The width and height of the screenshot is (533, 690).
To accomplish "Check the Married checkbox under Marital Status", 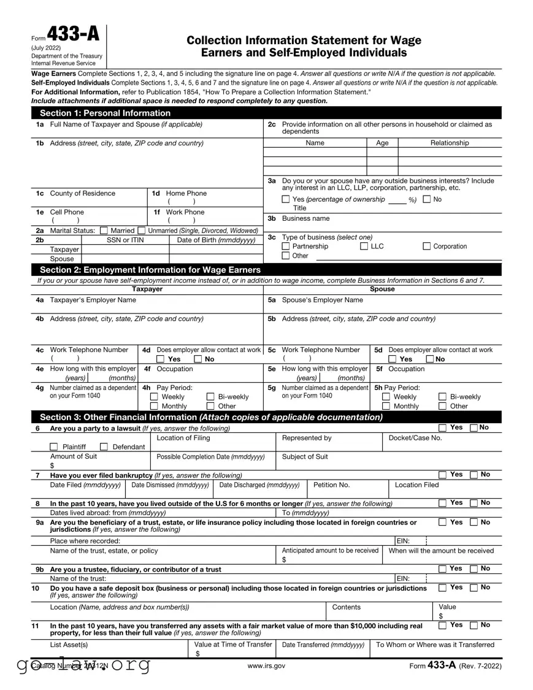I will [x=103, y=231].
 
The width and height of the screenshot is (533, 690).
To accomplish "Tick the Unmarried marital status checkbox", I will [x=144, y=231].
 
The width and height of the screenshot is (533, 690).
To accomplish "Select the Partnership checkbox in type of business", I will [x=286, y=247].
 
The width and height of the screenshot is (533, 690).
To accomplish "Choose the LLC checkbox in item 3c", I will [x=364, y=247].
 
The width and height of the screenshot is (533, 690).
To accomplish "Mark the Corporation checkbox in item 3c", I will [x=427, y=247].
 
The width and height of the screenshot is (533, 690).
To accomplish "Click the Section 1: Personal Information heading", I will [x=105, y=113].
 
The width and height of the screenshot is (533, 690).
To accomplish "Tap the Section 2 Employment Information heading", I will [x=150, y=270].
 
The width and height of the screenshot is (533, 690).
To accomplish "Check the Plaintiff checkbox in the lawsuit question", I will [x=54, y=447].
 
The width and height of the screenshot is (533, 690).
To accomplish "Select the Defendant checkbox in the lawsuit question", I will [x=104, y=447].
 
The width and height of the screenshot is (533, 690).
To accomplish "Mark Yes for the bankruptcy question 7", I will [x=442, y=475].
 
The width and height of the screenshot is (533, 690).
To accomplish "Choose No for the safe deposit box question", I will [x=474, y=588].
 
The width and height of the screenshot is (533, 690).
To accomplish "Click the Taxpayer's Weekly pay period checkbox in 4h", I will [x=154, y=397].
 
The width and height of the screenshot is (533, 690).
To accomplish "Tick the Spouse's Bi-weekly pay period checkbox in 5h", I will [x=442, y=397].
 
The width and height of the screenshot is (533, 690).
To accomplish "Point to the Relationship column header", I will [x=449, y=143].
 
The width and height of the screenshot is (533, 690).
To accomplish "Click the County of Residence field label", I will [x=82, y=193].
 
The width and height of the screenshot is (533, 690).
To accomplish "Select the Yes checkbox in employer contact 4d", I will [x=160, y=359].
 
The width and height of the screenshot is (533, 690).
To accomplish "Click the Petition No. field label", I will [x=331, y=485].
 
